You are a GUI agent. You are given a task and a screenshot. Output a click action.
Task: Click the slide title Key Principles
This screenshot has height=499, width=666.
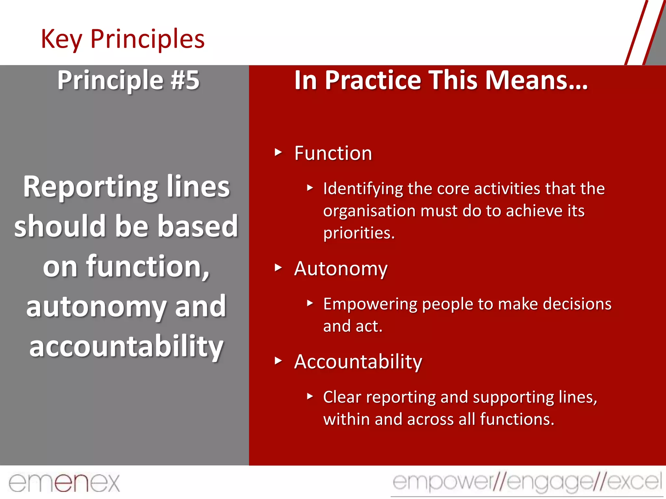[123, 39]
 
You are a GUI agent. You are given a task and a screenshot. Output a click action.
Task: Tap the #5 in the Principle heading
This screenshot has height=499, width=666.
[185, 80]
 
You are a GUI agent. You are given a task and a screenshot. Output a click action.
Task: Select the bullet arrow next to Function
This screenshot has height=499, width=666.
[278, 152]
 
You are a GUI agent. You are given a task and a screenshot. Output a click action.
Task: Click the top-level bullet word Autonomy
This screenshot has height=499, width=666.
[341, 269]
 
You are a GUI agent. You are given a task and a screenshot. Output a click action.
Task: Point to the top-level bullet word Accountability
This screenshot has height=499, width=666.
[358, 362]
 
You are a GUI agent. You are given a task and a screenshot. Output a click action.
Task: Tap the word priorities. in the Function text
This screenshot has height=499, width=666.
[359, 233]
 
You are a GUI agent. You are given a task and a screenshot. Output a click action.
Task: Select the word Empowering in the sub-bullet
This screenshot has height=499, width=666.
[370, 304]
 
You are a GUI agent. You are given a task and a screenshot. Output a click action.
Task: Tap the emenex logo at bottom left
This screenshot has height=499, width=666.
[64, 483]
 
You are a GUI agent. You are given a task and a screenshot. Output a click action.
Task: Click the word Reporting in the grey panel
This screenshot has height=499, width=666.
[90, 187]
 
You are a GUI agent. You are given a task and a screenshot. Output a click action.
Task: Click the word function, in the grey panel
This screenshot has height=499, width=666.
[148, 266]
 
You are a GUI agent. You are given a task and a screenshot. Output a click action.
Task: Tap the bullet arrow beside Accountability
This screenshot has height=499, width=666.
[278, 361]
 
